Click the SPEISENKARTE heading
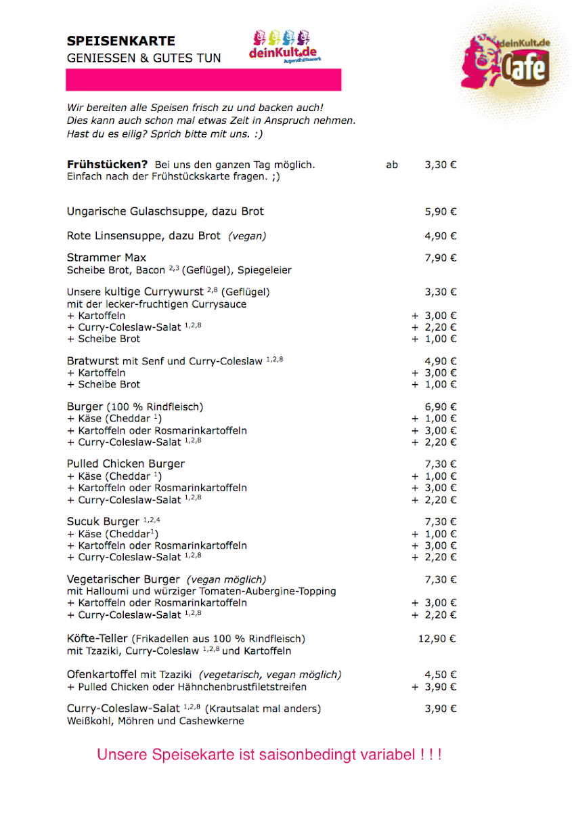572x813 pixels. tap(120, 41)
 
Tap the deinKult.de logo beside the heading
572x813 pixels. tap(284, 47)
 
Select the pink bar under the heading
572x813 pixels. tap(203, 80)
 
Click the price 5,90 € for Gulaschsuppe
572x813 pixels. tap(441, 211)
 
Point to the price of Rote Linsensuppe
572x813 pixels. tap(441, 236)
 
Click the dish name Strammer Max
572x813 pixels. tap(106, 257)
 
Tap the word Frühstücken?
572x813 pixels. tap(107, 165)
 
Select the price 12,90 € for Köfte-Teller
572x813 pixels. tap(438, 638)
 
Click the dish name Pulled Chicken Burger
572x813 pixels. tap(126, 464)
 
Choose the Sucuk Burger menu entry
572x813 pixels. tap(102, 522)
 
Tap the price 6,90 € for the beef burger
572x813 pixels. tap(441, 406)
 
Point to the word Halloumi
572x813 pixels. tap(106, 591)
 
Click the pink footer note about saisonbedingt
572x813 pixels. tap(269, 755)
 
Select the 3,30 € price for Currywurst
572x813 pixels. tap(441, 292)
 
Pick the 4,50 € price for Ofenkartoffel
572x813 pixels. tap(441, 675)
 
